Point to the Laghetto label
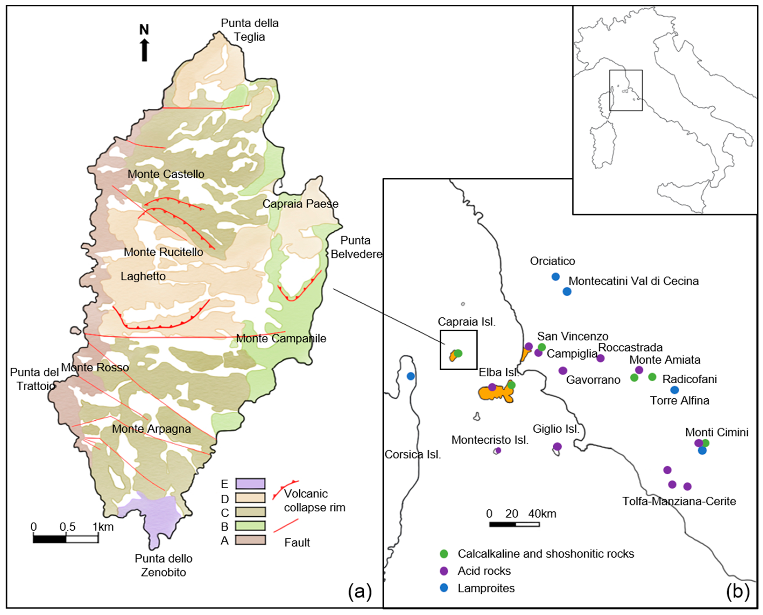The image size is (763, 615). click(x=143, y=276)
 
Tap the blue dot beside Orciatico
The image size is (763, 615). click(x=555, y=276)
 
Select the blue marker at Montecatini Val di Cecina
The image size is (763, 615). click(x=567, y=291)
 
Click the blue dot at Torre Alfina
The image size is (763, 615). click(x=674, y=390)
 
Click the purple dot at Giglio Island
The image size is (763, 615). click(x=557, y=446)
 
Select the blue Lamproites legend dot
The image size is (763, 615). click(x=443, y=588)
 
